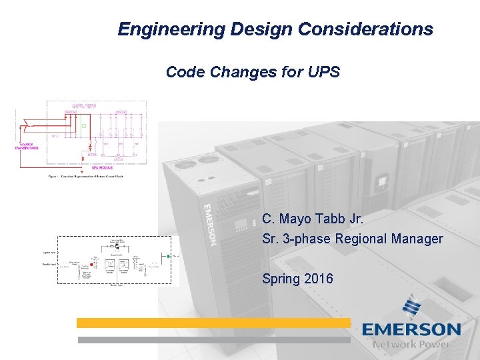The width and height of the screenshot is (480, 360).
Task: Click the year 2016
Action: tap(318, 279)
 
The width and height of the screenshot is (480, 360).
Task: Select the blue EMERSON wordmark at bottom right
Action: tap(411, 330)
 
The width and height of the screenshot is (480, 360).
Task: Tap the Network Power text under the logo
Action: tap(411, 345)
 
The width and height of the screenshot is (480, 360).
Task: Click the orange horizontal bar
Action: tap(213, 323)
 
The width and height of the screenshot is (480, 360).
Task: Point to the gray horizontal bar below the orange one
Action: tap(213, 339)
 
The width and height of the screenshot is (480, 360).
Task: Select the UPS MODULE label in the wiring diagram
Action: tap(99, 167)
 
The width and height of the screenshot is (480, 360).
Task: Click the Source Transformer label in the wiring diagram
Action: tap(27, 147)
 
